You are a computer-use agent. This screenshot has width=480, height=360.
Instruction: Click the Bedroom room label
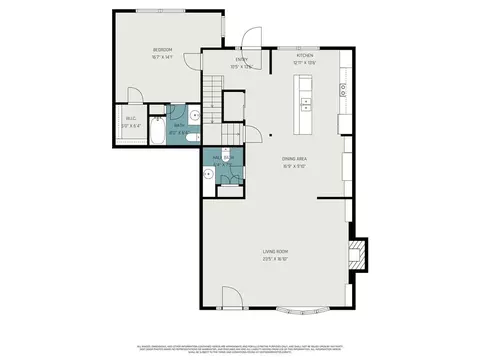[x=163, y=49]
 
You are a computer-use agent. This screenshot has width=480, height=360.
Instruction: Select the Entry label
[x=242, y=60]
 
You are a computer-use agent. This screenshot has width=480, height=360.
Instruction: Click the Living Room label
[x=276, y=251]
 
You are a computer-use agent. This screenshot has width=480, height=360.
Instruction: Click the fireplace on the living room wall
[x=357, y=251]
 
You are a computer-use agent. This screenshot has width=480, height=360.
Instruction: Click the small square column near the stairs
[x=271, y=133]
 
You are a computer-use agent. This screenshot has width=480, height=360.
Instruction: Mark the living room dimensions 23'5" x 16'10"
[x=276, y=258]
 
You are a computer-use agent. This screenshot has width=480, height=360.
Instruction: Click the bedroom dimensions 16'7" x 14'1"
[x=163, y=56]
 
